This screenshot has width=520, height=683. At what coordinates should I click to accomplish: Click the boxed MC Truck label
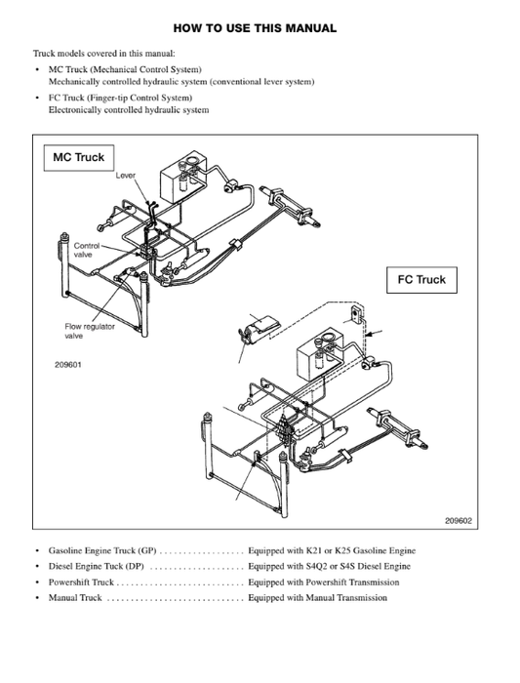(x=78, y=157)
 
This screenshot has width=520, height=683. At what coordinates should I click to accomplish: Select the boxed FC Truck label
(x=421, y=280)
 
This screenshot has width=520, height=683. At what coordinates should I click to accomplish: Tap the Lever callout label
(x=126, y=176)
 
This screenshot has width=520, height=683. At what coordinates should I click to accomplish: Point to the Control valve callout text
(x=87, y=251)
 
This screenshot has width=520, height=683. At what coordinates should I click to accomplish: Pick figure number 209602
(x=458, y=520)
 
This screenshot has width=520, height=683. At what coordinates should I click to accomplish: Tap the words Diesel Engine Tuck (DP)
(x=97, y=566)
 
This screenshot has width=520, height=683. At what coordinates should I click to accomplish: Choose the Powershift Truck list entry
(x=81, y=582)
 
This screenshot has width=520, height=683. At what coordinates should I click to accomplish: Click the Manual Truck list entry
(x=75, y=597)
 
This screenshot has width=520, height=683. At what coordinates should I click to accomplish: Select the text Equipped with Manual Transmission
(x=317, y=597)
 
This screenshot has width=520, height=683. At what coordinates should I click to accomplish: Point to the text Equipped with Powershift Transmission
(x=323, y=582)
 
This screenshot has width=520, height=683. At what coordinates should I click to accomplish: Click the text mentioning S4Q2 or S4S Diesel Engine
(x=331, y=566)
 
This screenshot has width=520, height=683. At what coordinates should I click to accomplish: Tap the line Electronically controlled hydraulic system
(x=128, y=110)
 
